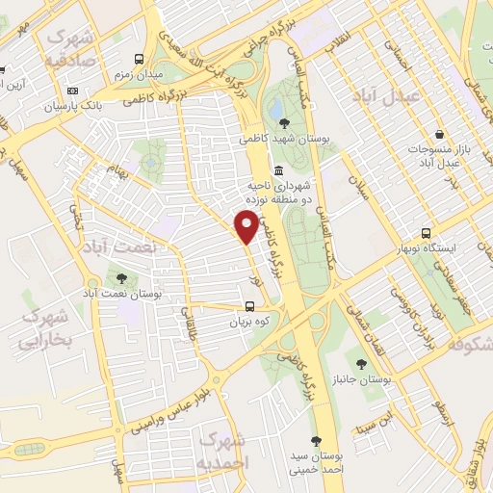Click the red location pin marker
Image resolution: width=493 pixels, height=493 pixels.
[248, 225]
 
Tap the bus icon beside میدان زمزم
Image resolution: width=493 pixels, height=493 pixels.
[141, 59]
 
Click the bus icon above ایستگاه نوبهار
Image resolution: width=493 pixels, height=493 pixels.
[426, 233]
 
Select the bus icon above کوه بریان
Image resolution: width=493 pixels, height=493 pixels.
[249, 309]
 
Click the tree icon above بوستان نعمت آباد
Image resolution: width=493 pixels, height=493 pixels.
[121, 278]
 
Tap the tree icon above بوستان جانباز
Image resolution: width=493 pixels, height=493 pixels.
[361, 364]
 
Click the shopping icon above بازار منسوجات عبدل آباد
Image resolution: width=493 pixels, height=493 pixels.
[439, 134]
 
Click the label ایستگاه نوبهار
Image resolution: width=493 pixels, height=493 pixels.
[428, 248]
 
